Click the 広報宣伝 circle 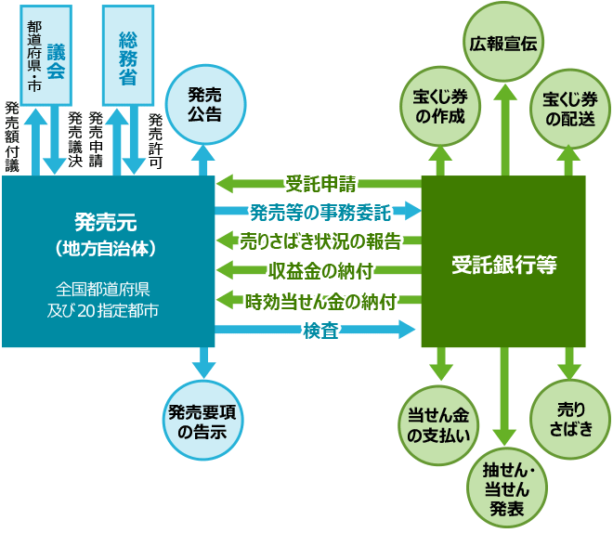(x=503, y=42)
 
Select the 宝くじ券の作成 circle (x=440, y=106)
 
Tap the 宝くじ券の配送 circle (x=570, y=109)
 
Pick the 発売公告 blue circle (x=205, y=105)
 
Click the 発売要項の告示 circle (x=202, y=420)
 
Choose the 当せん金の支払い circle (x=438, y=425)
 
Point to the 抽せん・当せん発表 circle (x=507, y=488)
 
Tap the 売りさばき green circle (x=570, y=420)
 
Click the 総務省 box (x=128, y=55)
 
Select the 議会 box (x=46, y=55)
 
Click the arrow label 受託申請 (x=320, y=184)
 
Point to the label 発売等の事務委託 (x=320, y=213)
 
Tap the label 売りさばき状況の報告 (x=320, y=241)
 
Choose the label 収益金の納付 (x=320, y=271)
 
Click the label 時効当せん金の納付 (x=320, y=301)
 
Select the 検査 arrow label (x=320, y=331)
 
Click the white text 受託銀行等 (x=504, y=265)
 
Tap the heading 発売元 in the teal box (x=106, y=222)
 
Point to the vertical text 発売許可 (x=155, y=141)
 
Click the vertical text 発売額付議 (x=12, y=136)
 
